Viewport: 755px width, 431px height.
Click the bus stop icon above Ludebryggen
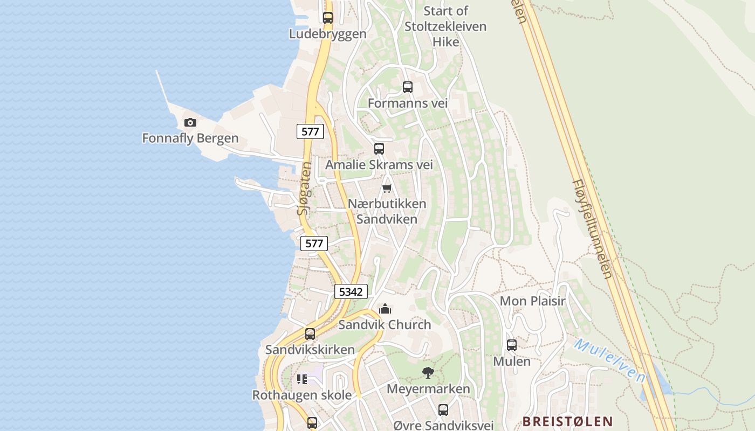coord(327,17)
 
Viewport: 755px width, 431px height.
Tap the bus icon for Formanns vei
coord(408,87)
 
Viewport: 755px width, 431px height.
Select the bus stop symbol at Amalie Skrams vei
coord(379,149)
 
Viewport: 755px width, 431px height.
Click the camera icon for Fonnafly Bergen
coord(190,123)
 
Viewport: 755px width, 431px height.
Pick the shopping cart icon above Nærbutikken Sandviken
coord(387,188)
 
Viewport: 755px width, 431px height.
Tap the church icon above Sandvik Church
coord(385,309)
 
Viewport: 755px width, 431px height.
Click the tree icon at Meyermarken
coord(428,372)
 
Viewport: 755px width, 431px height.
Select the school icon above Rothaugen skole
coord(302,379)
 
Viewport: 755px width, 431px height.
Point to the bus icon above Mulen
coord(512,345)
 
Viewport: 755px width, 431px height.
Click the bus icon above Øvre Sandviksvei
coord(443,410)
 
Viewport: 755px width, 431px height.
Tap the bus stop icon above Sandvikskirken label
coord(310,334)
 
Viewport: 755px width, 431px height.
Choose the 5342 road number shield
coord(351,291)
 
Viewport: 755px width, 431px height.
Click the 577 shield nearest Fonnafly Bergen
coord(310,131)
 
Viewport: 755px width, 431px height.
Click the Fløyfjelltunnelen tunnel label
coord(592,229)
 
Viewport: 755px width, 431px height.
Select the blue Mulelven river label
coord(609,360)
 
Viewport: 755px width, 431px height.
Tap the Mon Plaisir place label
coord(532,301)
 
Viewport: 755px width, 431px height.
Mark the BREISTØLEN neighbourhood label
coord(567,421)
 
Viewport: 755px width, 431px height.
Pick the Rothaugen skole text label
coord(302,395)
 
